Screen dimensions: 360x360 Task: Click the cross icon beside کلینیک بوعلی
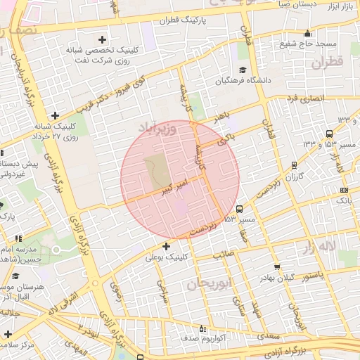166,246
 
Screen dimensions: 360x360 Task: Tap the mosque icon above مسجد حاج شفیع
307,33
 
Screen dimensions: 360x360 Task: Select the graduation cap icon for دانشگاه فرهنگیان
243,70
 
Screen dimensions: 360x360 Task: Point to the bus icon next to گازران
293,166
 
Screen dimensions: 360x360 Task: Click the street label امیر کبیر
172,187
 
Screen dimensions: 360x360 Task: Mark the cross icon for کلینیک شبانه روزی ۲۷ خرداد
55,115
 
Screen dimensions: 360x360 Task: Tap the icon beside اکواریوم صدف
202,328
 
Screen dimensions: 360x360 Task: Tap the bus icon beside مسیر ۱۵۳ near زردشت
240,209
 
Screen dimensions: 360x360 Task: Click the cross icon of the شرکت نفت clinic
103,39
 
